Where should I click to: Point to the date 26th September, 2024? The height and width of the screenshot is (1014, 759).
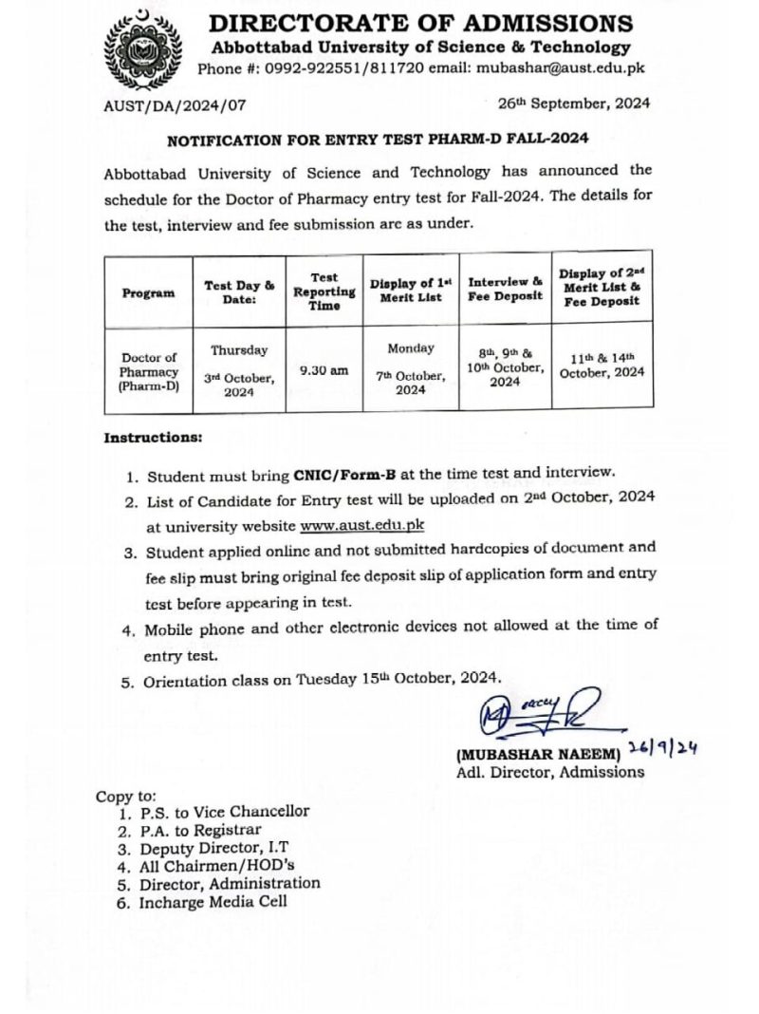click(573, 104)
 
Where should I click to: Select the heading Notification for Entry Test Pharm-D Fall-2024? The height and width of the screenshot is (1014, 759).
click(378, 139)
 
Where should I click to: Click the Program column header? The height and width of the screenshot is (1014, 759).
click(148, 292)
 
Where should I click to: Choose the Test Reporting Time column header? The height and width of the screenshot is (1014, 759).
click(324, 291)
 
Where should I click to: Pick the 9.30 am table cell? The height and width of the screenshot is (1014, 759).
click(324, 371)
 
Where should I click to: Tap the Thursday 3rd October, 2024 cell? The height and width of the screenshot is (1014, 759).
click(239, 371)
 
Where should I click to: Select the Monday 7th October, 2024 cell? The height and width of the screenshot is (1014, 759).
click(411, 369)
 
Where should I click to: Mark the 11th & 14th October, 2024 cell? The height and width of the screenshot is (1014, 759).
click(602, 365)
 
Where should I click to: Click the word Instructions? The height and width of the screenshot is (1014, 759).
click(153, 438)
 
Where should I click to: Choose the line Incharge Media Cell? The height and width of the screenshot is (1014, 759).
click(213, 901)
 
